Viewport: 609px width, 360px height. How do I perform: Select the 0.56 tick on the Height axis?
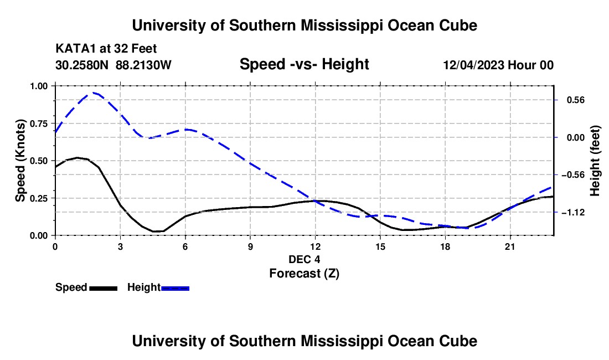(576, 100)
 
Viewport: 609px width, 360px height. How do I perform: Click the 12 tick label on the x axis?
(316, 246)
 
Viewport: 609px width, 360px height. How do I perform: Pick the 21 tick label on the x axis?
(510, 246)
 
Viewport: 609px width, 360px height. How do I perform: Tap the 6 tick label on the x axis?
(185, 246)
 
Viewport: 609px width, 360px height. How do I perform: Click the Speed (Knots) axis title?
(20, 161)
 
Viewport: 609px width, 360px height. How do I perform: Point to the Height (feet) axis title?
(595, 161)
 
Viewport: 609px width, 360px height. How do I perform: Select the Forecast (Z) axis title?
(304, 274)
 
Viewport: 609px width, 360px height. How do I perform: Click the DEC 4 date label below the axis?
(304, 259)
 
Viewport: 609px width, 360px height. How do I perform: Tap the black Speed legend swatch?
(104, 288)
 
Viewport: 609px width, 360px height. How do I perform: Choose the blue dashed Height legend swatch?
(175, 288)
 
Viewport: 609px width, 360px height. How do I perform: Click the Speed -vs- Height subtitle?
(304, 64)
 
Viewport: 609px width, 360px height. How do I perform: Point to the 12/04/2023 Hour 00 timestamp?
(498, 65)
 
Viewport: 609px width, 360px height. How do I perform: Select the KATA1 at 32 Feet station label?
(106, 49)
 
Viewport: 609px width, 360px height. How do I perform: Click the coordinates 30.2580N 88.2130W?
(113, 65)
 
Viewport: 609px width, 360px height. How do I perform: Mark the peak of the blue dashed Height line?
(93, 92)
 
